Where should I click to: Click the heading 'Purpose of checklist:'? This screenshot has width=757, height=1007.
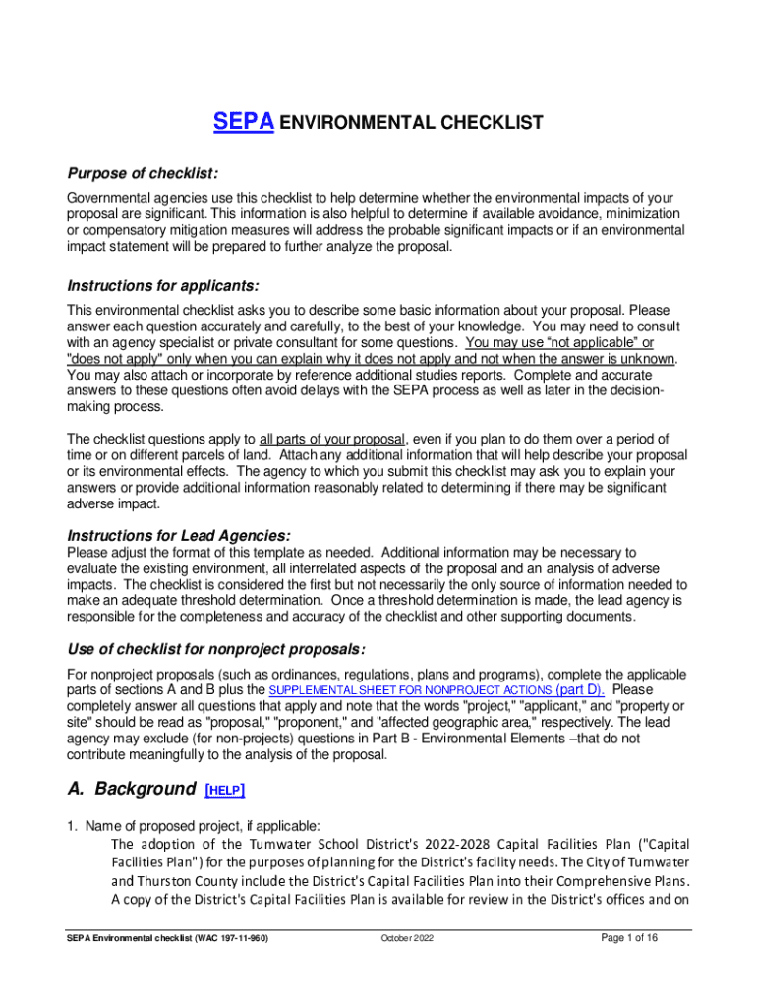coord(142,173)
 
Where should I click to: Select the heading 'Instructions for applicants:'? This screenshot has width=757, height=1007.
coord(162,285)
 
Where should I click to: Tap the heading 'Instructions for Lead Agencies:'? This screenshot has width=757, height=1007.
coord(178,535)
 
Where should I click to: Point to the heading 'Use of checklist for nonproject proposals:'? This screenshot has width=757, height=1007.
coord(215,650)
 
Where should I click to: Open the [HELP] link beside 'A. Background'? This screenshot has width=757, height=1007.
coord(225,790)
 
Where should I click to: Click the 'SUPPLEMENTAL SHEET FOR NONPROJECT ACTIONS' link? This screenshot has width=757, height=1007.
coord(410,691)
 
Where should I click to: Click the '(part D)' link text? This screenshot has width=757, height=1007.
coord(580,690)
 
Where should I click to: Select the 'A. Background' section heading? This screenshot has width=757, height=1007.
coord(131,789)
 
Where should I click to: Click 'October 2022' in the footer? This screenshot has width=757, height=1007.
coord(407,939)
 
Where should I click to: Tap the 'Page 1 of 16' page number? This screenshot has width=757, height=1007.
coord(629,938)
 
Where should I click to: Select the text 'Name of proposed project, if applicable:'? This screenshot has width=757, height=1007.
coord(202,826)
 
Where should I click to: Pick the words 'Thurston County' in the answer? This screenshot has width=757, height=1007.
coord(184,880)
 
